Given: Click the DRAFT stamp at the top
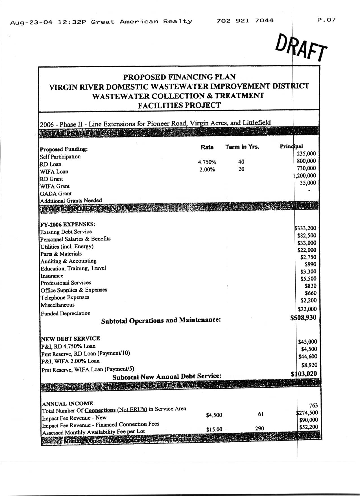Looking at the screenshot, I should pos(301,47).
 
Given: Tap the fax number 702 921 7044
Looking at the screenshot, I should pos(245,20).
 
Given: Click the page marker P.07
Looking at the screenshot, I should pos(326,20).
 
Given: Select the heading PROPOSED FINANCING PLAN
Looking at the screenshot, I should pos(179,77).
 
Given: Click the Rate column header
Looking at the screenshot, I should pos(207,147).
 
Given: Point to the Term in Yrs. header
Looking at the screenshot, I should pos(242,147).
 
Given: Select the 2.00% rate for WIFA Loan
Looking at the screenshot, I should pos(207,170).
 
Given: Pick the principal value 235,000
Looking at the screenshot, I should pos(306,154).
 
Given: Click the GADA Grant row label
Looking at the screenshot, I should pos(56,194).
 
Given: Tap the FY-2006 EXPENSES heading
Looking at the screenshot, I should pos(67,224).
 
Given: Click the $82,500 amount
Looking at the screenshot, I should pos(307,235).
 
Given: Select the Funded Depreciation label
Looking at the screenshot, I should pos(66,313).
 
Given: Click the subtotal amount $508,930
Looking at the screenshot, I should pos(304,318).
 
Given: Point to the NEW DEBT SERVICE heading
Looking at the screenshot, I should pos(70,339).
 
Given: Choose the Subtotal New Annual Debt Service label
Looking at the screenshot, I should pos(167,376).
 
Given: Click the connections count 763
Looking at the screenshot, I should pos(313,405).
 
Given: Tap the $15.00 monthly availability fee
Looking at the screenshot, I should pos(214,430).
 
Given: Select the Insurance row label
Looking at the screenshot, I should pos(52,276).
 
